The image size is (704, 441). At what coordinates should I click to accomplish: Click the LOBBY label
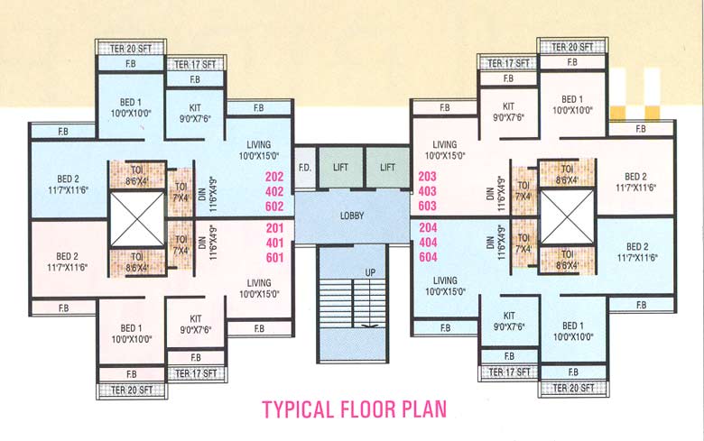tap(352, 216)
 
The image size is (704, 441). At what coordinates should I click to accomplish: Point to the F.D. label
tap(305, 168)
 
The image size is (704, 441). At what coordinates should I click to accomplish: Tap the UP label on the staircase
tap(368, 271)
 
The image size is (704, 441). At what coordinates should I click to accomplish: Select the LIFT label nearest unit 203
tap(387, 168)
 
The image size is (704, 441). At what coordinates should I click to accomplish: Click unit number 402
tap(275, 191)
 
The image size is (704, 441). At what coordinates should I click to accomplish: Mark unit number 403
tap(428, 191)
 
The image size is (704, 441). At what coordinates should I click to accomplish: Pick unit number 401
tap(275, 243)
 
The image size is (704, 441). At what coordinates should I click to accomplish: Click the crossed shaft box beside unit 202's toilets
tap(137, 217)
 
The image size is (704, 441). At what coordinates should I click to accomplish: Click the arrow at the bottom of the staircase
tap(367, 324)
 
